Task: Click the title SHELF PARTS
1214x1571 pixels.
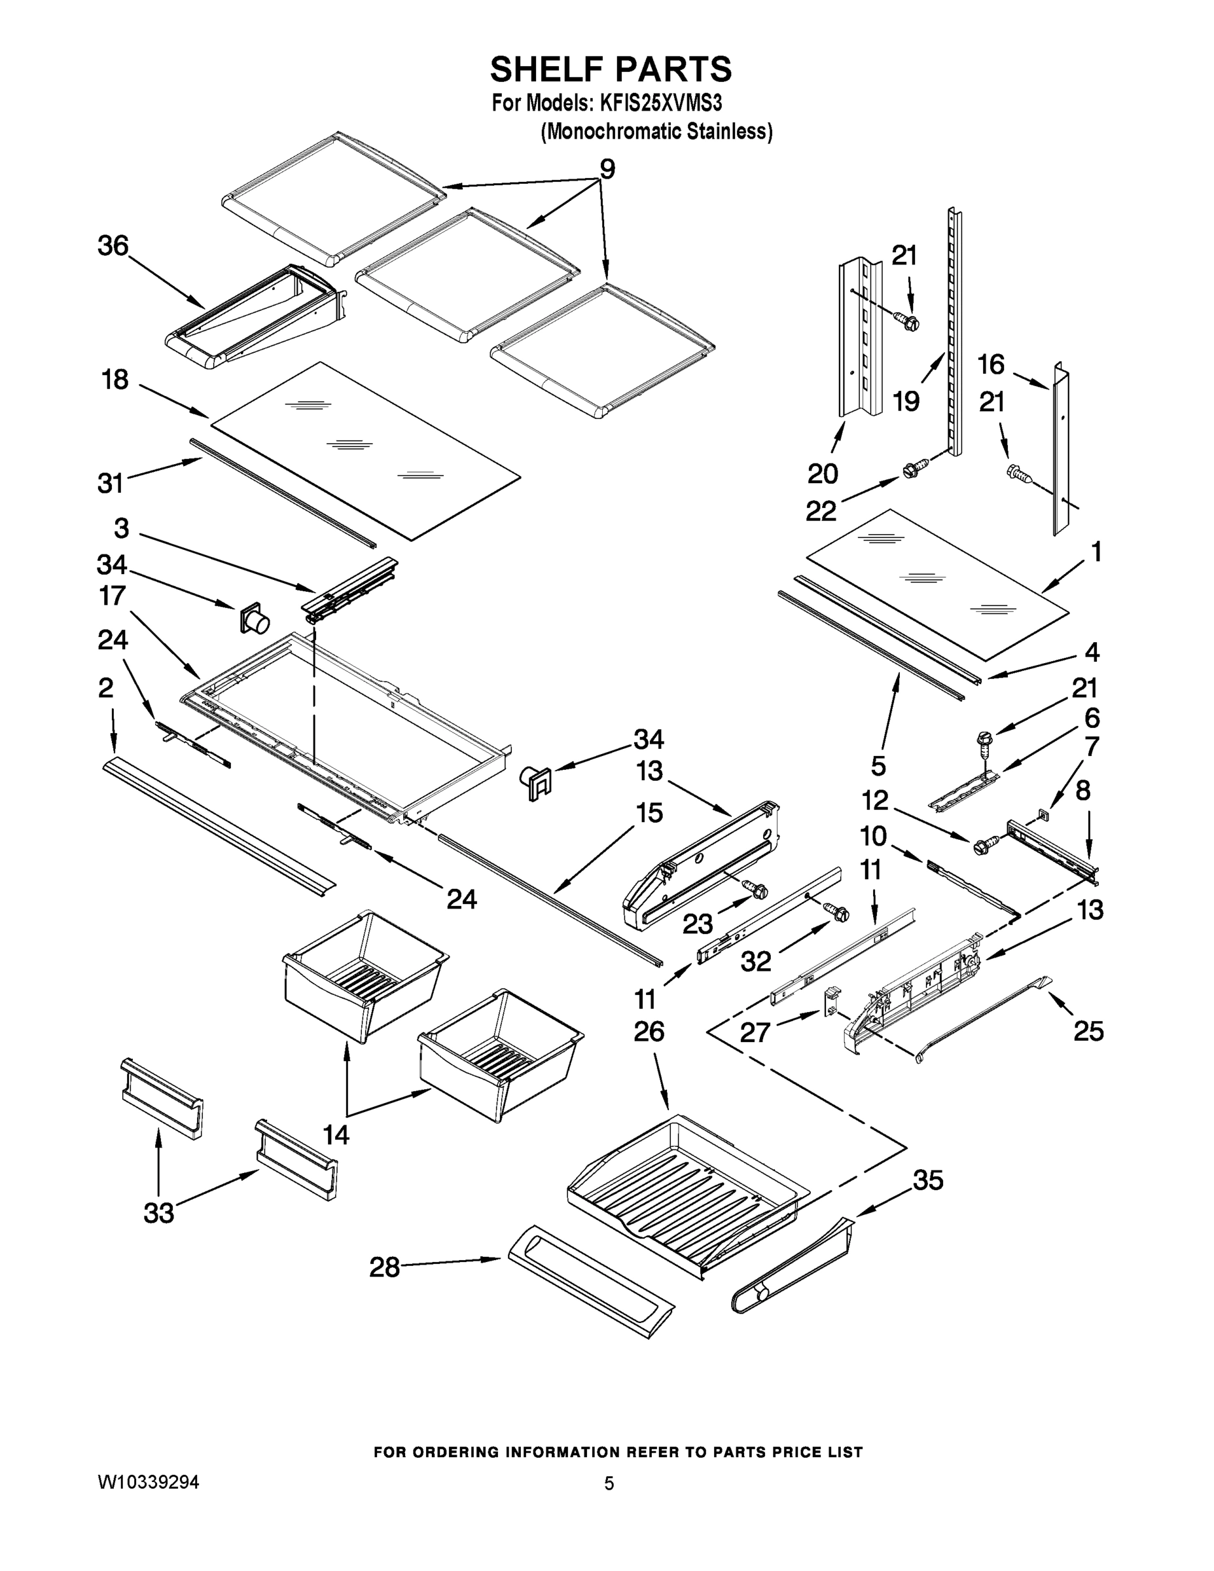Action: pyautogui.click(x=611, y=70)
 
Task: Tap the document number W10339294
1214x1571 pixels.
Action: pyautogui.click(x=148, y=1482)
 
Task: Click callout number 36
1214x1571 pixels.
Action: pyautogui.click(x=113, y=246)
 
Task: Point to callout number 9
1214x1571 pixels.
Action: pyautogui.click(x=607, y=170)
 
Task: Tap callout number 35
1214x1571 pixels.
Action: pyautogui.click(x=928, y=1180)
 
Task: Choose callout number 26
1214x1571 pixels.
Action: pyautogui.click(x=649, y=1032)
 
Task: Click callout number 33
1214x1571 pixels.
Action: pyautogui.click(x=159, y=1213)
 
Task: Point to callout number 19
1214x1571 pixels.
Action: pyautogui.click(x=906, y=401)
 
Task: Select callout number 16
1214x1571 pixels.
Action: pyautogui.click(x=990, y=365)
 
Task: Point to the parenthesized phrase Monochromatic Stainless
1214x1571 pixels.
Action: pyautogui.click(x=656, y=132)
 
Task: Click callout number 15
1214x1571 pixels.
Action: pyautogui.click(x=649, y=814)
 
